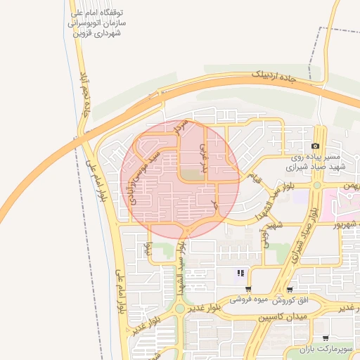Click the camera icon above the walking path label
point(315,146)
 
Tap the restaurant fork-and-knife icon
point(240,273)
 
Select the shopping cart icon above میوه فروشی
point(248,289)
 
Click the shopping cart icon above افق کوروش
point(289,289)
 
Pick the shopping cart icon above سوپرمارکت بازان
point(325,338)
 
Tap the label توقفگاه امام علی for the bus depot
point(98,13)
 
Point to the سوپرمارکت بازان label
point(324,349)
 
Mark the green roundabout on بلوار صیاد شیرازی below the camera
point(317,185)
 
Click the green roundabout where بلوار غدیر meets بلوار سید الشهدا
point(180,308)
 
